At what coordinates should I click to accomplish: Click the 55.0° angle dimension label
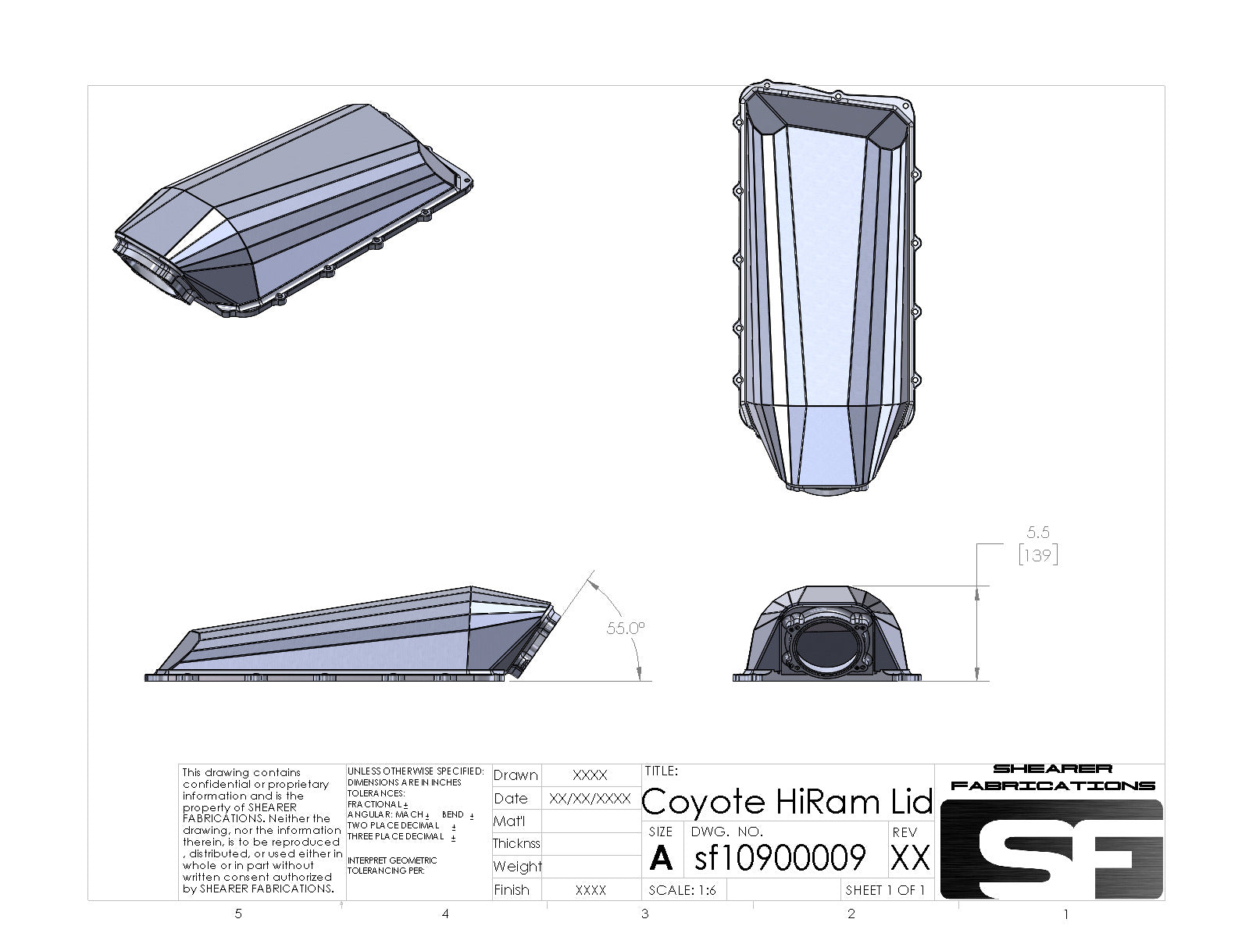[x=625, y=628]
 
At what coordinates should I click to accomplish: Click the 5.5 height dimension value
[x=1037, y=532]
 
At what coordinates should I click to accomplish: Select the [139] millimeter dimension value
[x=1037, y=555]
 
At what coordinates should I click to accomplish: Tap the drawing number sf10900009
[x=780, y=857]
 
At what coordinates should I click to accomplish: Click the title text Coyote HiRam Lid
[x=787, y=801]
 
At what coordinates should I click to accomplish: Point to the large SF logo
[x=1051, y=849]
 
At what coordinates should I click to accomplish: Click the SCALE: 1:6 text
[x=683, y=890]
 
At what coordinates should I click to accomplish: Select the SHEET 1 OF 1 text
[x=885, y=890]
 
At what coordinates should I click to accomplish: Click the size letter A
[x=661, y=859]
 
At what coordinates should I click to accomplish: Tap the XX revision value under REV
[x=910, y=859]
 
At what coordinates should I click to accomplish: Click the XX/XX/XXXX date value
[x=590, y=799]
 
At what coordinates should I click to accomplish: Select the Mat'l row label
[x=509, y=821]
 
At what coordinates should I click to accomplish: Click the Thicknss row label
[x=516, y=843]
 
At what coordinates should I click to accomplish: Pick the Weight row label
[x=516, y=866]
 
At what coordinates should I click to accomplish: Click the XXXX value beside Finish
[x=590, y=890]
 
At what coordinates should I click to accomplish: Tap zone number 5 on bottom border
[x=238, y=914]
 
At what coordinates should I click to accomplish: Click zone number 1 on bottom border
[x=1065, y=914]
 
